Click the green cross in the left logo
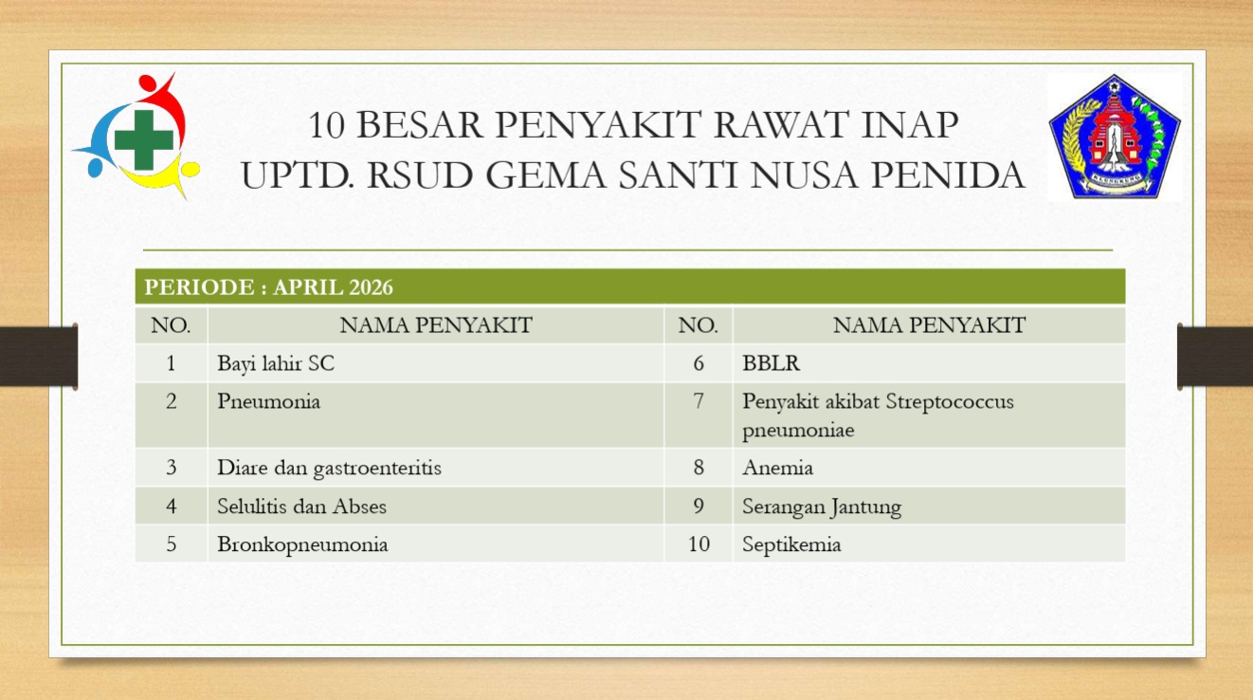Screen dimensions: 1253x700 [144, 139]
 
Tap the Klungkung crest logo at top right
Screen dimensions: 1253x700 [1115, 137]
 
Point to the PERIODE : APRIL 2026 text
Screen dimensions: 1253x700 [268, 286]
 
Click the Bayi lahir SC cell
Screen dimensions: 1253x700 [276, 363]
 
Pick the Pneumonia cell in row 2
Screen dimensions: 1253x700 [268, 401]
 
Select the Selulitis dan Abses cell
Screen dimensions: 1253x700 [301, 507]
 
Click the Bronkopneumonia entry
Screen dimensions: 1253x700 [302, 544]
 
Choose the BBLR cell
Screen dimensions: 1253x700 [771, 363]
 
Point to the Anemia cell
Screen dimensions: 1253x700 [777, 468]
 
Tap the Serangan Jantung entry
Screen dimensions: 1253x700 [822, 507]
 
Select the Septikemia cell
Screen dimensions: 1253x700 [791, 544]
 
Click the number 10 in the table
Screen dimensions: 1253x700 [699, 543]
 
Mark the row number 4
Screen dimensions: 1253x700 [172, 507]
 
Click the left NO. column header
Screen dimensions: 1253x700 [171, 325]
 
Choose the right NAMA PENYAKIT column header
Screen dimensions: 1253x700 [929, 325]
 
